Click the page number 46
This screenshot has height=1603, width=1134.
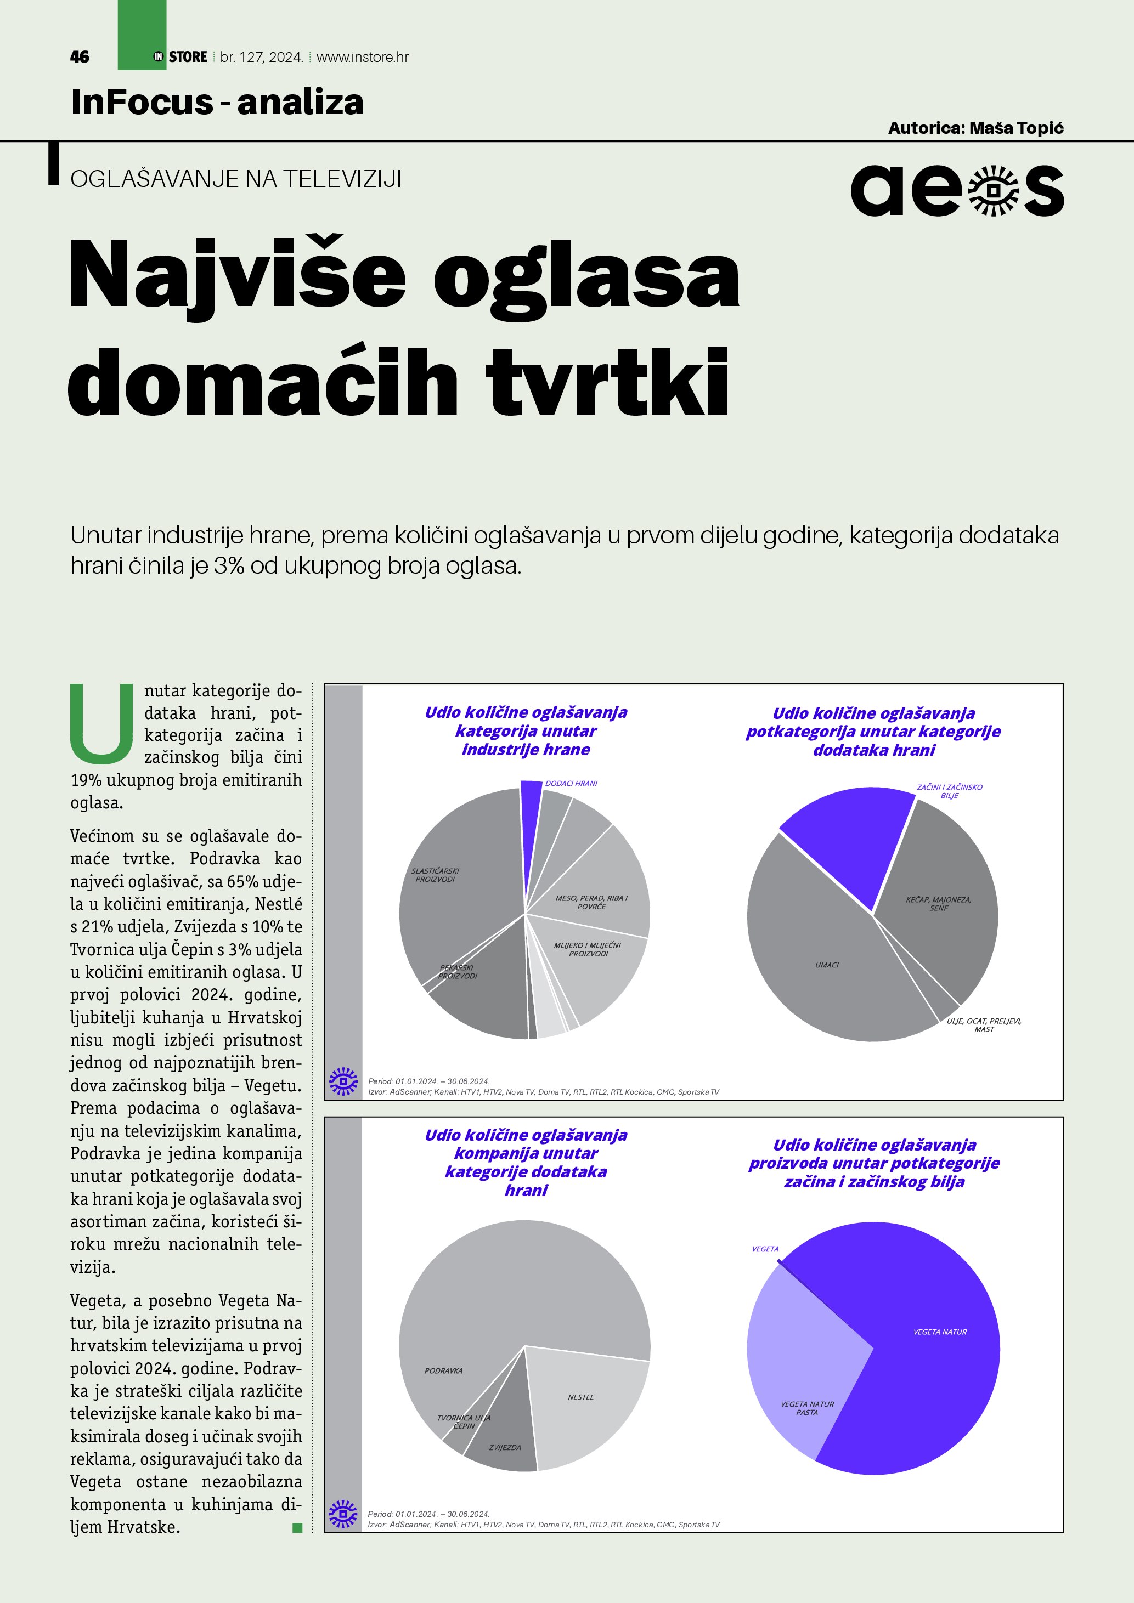tap(80, 57)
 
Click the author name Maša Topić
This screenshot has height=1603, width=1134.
tap(1016, 128)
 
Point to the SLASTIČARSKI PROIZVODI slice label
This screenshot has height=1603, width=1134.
tap(435, 875)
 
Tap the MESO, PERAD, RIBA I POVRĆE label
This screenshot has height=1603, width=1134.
tap(591, 902)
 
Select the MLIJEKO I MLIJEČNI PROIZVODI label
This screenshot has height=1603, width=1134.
tap(587, 949)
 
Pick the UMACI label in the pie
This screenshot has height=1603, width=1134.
tap(827, 965)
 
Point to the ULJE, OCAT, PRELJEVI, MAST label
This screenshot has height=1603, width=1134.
tap(984, 1025)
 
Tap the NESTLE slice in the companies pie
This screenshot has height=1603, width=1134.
tap(581, 1397)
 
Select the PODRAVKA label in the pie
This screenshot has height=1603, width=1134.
tap(443, 1370)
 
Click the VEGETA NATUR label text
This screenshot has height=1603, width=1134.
tap(940, 1332)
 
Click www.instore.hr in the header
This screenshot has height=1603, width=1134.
tap(363, 57)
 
